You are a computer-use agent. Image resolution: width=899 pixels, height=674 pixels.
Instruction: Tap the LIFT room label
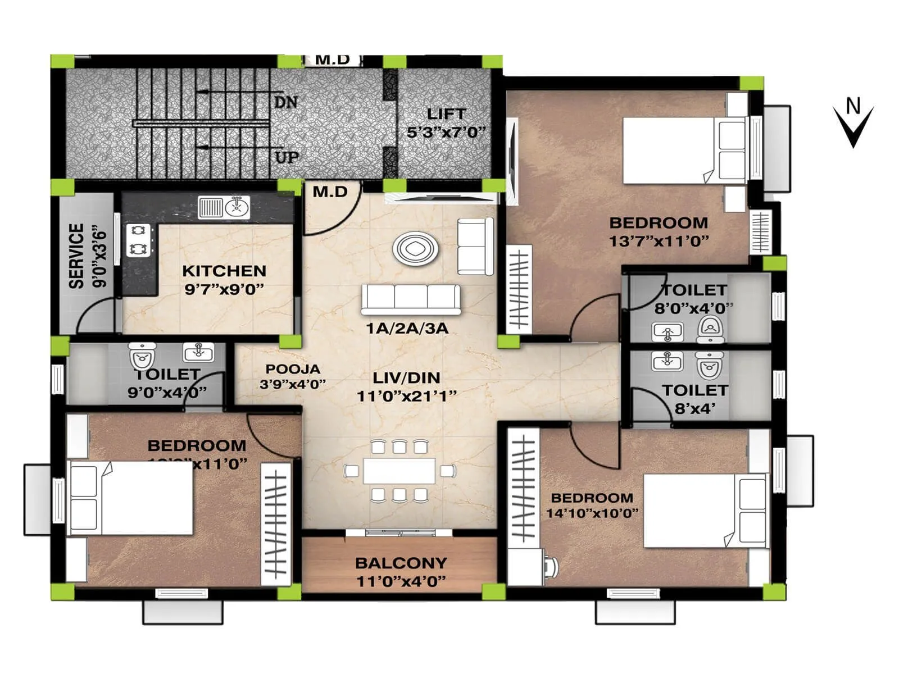446,114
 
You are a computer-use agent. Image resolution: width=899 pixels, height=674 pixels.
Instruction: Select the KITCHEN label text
224,271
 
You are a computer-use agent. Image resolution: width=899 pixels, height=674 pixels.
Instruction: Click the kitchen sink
224,207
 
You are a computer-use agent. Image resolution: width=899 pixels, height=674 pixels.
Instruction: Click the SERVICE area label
76,256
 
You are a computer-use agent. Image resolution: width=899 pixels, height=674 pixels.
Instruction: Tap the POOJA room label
293,369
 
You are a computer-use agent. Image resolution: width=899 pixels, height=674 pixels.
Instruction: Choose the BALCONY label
401,563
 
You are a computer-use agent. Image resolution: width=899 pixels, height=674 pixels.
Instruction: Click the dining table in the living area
399,471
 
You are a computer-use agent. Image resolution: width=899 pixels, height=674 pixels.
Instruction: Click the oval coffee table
416,248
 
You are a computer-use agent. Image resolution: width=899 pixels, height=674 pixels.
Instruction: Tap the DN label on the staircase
285,102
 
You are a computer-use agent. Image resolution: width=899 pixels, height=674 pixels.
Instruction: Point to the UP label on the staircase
287,157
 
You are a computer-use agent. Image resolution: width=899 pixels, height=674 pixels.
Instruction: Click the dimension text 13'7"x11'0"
659,241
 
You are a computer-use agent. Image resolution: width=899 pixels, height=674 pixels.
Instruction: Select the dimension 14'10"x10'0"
592,513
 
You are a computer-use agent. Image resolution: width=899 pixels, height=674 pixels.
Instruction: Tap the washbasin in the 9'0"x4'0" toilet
198,352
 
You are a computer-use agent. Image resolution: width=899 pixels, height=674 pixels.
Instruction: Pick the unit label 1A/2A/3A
407,328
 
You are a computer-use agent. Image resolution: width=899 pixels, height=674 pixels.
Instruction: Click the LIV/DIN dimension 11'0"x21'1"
406,396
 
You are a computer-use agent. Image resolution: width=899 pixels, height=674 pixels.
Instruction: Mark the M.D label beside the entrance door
330,192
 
